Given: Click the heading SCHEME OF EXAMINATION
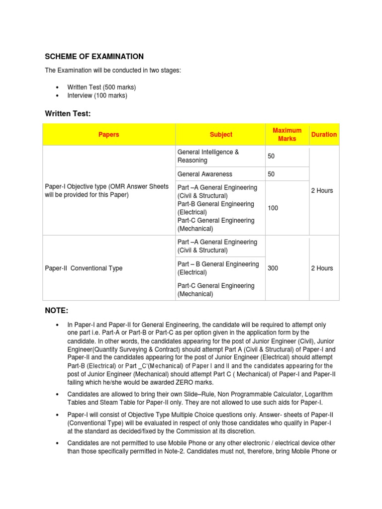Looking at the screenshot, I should tap(94, 57).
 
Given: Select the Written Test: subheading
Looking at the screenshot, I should tap(68, 114).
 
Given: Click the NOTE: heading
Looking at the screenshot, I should tap(56, 311).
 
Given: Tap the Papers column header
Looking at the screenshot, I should tap(109, 135).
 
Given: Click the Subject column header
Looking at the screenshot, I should tap(221, 135).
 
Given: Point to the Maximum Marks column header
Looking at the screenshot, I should tap(287, 135).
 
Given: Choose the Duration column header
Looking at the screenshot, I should tap(324, 135).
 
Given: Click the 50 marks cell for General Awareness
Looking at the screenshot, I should tap(271, 174).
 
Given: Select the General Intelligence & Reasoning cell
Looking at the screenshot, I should tap(208, 157).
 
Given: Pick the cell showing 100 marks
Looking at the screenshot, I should tap(273, 208).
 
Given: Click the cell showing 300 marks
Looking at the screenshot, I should tap(273, 268).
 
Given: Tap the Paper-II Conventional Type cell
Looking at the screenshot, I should tap(84, 268).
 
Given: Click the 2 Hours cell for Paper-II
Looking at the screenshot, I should tap(322, 268).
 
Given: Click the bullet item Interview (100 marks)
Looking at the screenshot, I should tap(97, 95).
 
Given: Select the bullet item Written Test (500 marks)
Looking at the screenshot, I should tap(101, 87).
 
